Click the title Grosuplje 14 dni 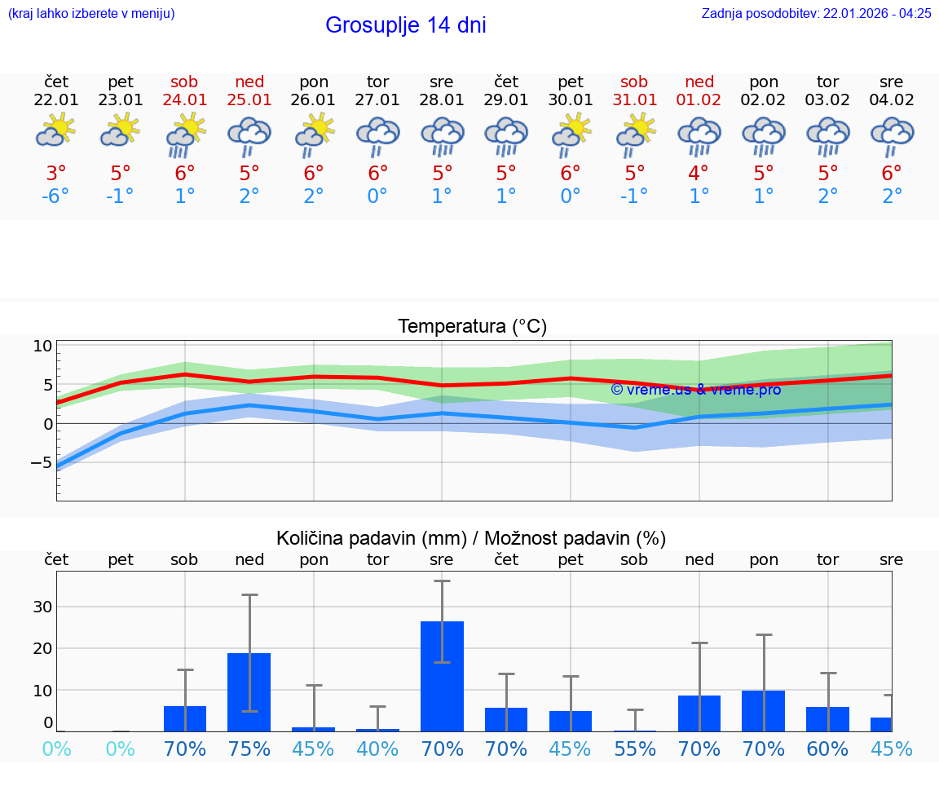coord(405,25)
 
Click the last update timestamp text coord(816,13)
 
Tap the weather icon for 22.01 coord(56,131)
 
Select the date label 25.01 coord(249,100)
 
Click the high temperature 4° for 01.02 coord(699,174)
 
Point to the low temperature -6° coord(56,197)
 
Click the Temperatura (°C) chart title coord(472,327)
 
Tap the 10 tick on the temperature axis coord(42,346)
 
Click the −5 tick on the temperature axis coord(41,463)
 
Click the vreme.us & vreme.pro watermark coord(695,390)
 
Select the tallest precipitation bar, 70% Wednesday coord(442,676)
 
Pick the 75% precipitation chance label coord(249,749)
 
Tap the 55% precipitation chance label coord(634,749)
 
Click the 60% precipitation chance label coord(827,749)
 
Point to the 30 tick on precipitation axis coord(42,607)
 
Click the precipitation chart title coord(471,538)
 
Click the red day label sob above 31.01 coord(634,82)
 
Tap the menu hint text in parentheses coord(91,13)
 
